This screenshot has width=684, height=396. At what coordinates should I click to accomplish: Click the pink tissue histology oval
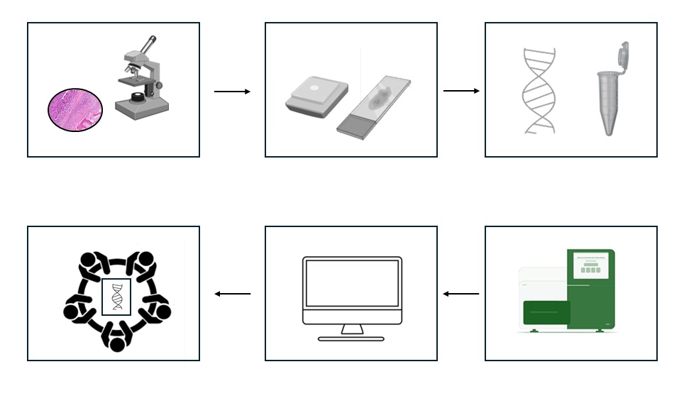(75, 111)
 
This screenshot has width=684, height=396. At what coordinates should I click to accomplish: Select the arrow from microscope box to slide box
(232, 92)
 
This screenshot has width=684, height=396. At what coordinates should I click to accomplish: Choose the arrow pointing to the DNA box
(461, 91)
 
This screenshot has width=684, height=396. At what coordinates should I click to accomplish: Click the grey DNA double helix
(539, 91)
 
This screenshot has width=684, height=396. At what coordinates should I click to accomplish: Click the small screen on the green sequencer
(590, 268)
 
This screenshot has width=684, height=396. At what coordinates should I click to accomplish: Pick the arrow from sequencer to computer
(461, 294)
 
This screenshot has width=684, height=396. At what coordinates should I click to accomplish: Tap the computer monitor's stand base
(351, 339)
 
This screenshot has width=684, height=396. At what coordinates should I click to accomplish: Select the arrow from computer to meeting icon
(232, 294)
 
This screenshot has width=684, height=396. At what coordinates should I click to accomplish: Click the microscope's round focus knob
(159, 85)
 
